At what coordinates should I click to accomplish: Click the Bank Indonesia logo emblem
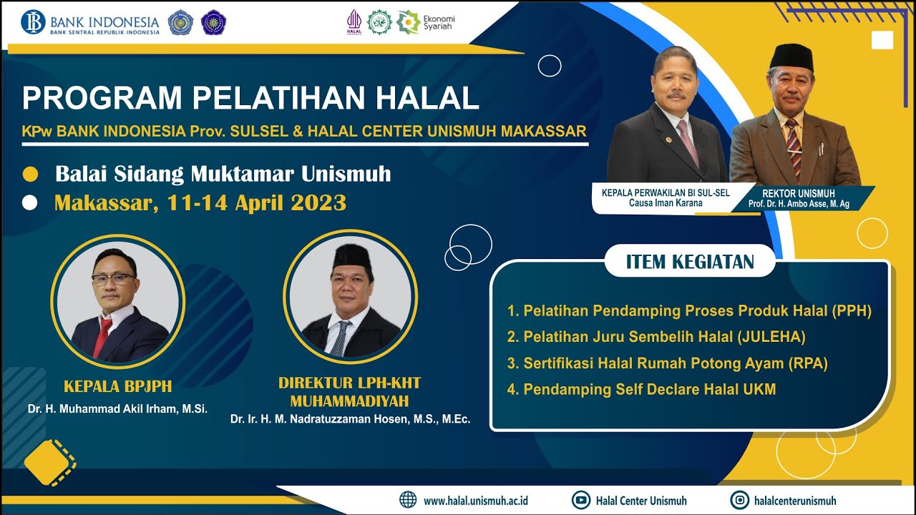point(33,22)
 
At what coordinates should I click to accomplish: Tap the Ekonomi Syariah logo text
point(439,22)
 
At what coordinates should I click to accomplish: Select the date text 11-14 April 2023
point(257,203)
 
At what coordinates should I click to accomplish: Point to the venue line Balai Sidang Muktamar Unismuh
point(223,174)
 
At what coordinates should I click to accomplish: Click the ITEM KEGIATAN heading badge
point(690,262)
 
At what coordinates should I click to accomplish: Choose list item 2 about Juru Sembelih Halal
point(656,337)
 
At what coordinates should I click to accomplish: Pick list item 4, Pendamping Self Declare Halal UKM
point(641,390)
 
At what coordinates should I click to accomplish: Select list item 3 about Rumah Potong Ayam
point(667,363)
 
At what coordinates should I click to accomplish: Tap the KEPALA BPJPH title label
point(118,387)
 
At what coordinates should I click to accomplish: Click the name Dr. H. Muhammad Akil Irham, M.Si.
point(117,409)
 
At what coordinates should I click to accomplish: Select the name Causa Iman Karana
point(661,203)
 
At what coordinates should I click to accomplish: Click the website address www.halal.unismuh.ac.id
point(476,501)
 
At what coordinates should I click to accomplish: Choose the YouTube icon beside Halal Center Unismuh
point(580,500)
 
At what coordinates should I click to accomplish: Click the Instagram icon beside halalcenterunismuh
point(739,500)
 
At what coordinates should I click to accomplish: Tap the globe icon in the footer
point(408,500)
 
